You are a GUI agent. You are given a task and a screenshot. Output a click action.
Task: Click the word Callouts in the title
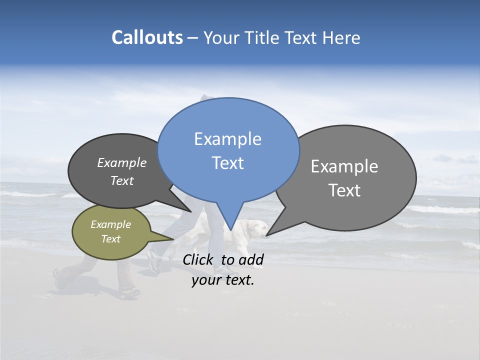(x=147, y=37)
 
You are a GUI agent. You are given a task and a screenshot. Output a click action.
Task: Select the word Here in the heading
(x=341, y=37)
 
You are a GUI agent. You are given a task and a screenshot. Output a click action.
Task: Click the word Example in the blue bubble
(x=227, y=139)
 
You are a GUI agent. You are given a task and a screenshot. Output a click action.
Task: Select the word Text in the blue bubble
(x=227, y=163)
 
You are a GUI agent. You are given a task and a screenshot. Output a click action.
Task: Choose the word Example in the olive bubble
(x=110, y=224)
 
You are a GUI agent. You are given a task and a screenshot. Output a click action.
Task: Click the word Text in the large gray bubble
(x=344, y=190)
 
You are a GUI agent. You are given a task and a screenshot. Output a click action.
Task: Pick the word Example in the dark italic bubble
(x=121, y=163)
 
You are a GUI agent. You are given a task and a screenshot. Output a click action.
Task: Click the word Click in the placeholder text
(x=198, y=259)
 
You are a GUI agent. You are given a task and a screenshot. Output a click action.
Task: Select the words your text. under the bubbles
(x=222, y=280)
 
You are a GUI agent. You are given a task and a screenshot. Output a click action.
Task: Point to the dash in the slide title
(x=193, y=38)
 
